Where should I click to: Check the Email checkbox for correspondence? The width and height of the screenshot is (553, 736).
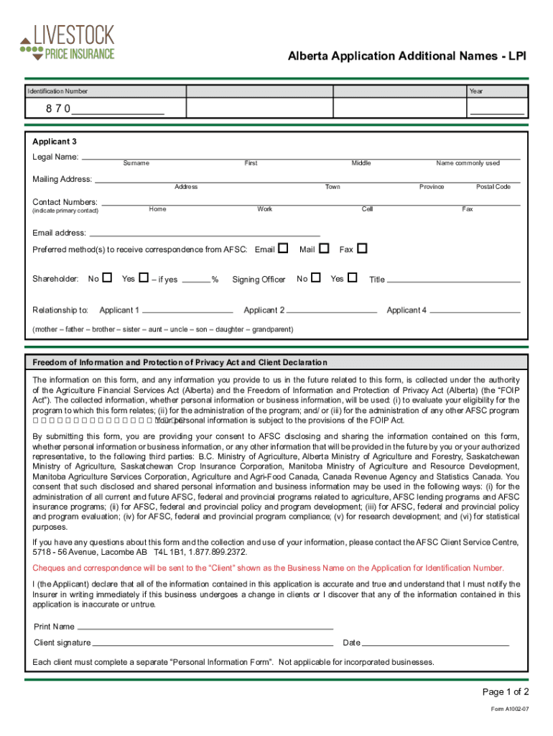coord(283,248)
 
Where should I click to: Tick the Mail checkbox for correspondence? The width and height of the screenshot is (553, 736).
coord(324,248)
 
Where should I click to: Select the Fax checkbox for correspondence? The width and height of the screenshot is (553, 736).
coord(362,248)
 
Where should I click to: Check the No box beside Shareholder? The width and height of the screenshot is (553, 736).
coord(107,277)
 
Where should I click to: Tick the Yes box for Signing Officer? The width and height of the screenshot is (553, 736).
coord(352,277)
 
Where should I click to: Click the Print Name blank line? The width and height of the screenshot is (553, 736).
coord(205,627)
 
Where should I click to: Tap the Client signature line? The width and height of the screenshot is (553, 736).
coord(213,643)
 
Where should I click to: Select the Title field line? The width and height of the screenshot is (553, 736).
coord(454,280)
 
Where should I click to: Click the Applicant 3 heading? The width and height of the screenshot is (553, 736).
coord(55,142)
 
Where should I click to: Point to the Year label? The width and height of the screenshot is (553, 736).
coord(476,91)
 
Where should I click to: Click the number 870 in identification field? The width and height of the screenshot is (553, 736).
coord(58,109)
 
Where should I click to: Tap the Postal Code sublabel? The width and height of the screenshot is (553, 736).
coord(493,187)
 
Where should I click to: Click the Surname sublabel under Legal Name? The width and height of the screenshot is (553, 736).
coord(136,163)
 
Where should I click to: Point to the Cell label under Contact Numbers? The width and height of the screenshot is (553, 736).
coord(367,209)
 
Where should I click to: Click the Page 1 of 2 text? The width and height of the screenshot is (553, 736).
coord(506,692)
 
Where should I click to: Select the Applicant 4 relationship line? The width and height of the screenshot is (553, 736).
coord(475,312)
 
